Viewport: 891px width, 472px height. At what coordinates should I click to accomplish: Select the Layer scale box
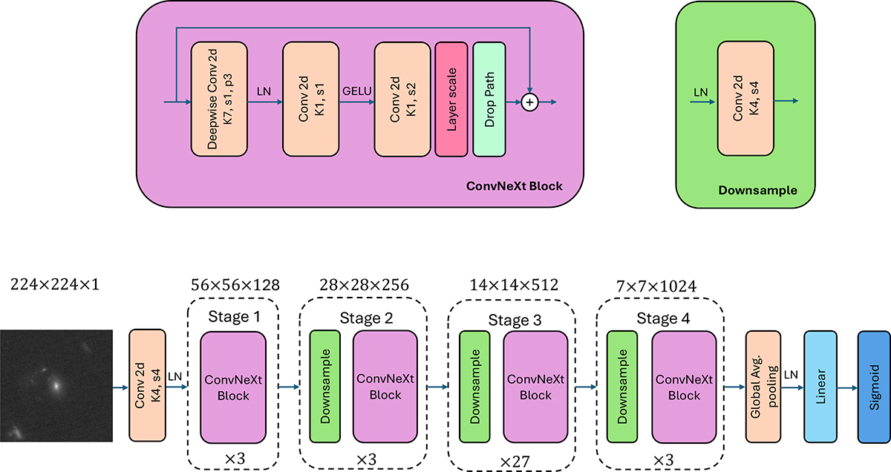click(451, 99)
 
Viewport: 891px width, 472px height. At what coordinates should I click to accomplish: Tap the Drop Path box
click(489, 99)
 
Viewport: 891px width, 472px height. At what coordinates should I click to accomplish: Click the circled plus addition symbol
click(529, 103)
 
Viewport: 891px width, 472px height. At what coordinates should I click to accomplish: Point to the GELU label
click(356, 91)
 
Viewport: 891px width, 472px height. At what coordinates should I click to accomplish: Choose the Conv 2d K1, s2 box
click(402, 99)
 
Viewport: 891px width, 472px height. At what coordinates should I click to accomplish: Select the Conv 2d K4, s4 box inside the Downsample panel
click(744, 99)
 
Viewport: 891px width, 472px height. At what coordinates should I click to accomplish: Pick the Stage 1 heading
click(232, 318)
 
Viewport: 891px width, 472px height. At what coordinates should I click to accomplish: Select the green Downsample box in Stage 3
click(474, 387)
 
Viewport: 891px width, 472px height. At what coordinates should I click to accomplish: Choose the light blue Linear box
click(820, 387)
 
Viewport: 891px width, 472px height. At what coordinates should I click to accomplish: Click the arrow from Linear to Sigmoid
click(847, 387)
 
